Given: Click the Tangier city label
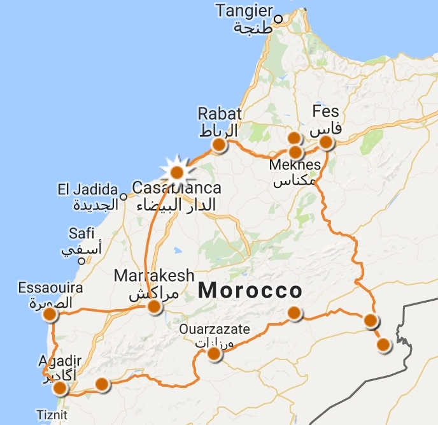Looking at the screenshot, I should tap(244, 11).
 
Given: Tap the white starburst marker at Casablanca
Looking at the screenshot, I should tap(176, 171).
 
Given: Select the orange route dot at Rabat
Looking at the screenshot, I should tap(218, 145).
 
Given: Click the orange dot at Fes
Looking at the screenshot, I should tap(326, 142).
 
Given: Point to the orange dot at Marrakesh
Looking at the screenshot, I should tap(154, 307).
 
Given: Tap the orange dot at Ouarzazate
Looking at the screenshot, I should tap(215, 354).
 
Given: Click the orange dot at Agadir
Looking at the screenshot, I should tap(60, 387).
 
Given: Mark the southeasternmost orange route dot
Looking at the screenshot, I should tap(383, 345).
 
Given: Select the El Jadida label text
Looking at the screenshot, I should tap(87, 189).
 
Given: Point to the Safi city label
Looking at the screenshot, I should tap(81, 234).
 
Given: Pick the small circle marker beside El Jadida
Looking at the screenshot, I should tap(123, 189).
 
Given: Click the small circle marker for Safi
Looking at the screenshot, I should tap(81, 261).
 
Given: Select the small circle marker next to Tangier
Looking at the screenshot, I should tap(278, 11).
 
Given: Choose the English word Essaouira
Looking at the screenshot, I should tap(50, 287).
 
